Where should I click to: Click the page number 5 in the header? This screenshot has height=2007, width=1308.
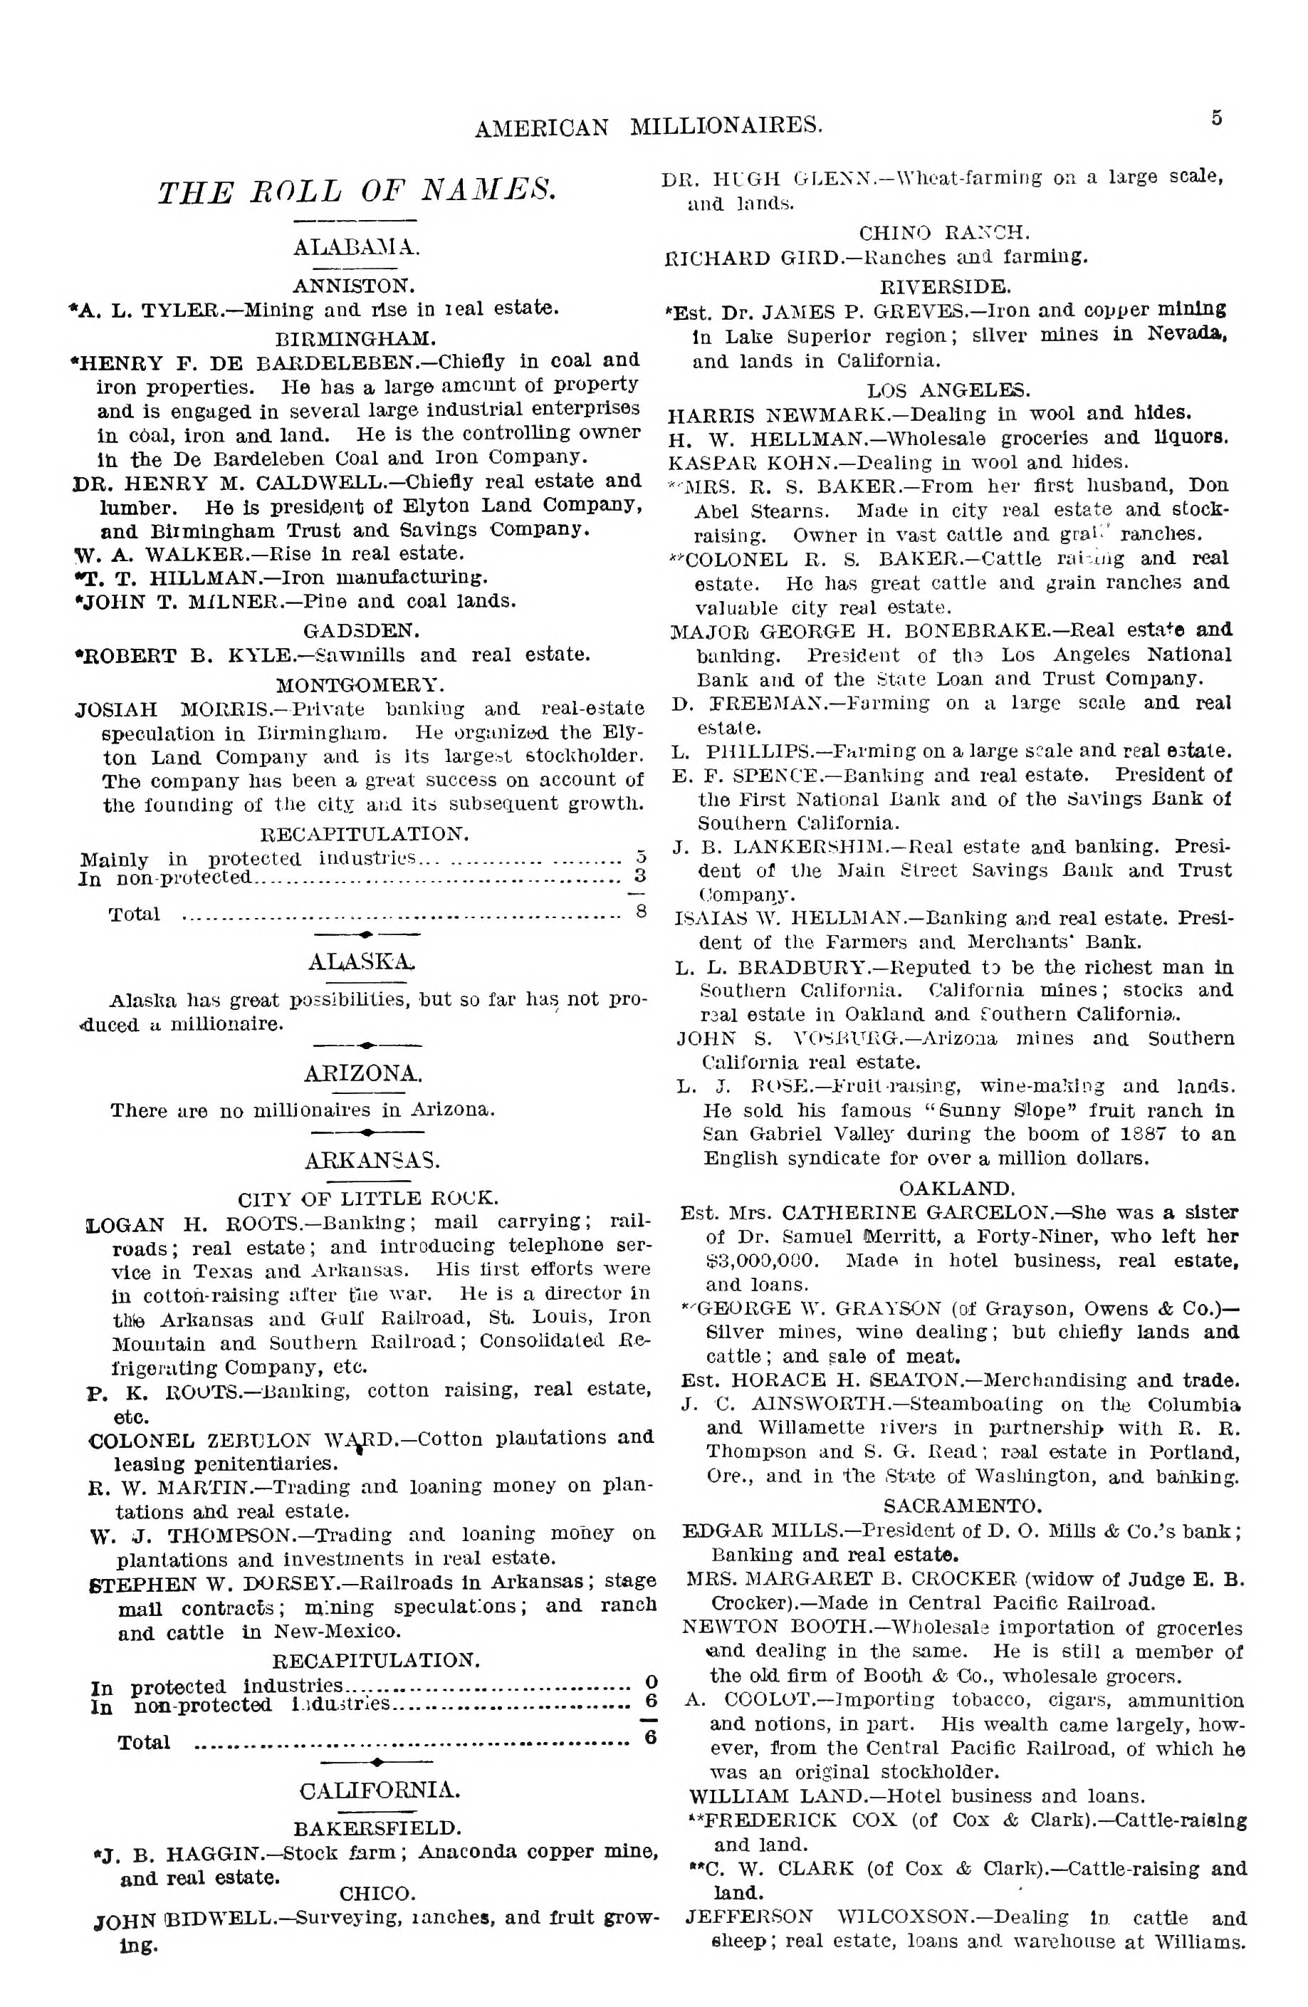pyautogui.click(x=1216, y=118)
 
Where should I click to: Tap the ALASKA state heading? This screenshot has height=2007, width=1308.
pyautogui.click(x=361, y=962)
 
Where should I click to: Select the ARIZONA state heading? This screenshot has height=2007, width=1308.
pyautogui.click(x=363, y=1073)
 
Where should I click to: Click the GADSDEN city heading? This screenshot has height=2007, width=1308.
pyautogui.click(x=361, y=630)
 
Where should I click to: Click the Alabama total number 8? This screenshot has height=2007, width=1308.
pyautogui.click(x=640, y=912)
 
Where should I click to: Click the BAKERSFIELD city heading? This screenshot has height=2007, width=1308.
pyautogui.click(x=377, y=1828)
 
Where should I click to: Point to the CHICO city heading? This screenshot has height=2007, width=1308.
pyautogui.click(x=377, y=1893)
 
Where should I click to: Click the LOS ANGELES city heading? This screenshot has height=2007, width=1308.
pyautogui.click(x=948, y=390)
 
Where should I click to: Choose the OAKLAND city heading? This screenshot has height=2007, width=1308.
pyautogui.click(x=956, y=1189)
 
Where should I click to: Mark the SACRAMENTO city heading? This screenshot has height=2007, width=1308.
pyautogui.click(x=961, y=1506)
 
